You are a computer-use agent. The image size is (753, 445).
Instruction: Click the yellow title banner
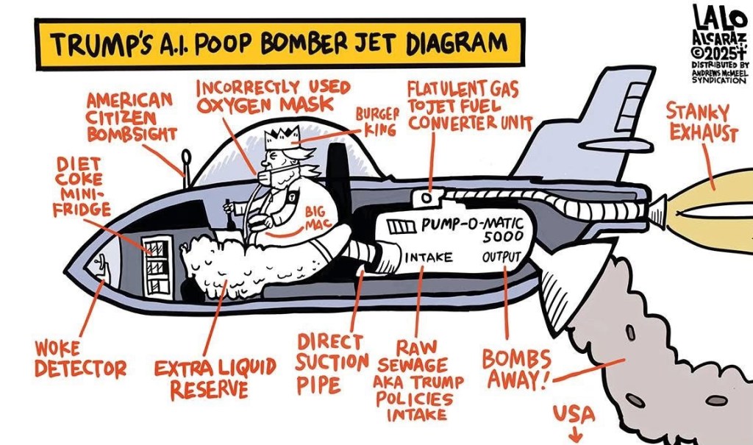280,43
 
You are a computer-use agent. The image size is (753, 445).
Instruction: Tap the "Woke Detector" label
80,359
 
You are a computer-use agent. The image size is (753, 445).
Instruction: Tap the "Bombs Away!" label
517,369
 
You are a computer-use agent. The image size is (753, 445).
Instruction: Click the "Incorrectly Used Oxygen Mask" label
272,95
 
